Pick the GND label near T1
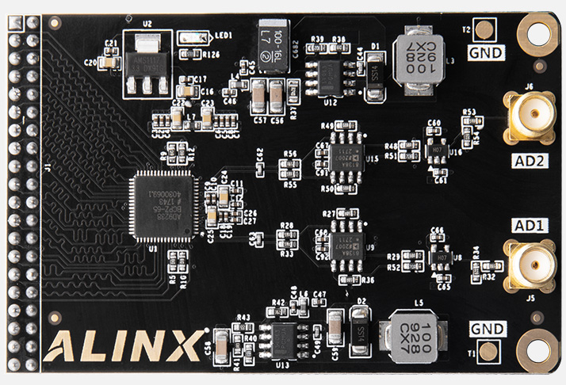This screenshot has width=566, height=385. [486, 328]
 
